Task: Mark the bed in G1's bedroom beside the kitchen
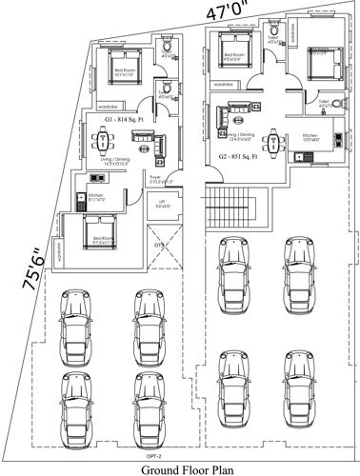tap(97, 230)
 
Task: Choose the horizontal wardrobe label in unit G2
tap(225, 85)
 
